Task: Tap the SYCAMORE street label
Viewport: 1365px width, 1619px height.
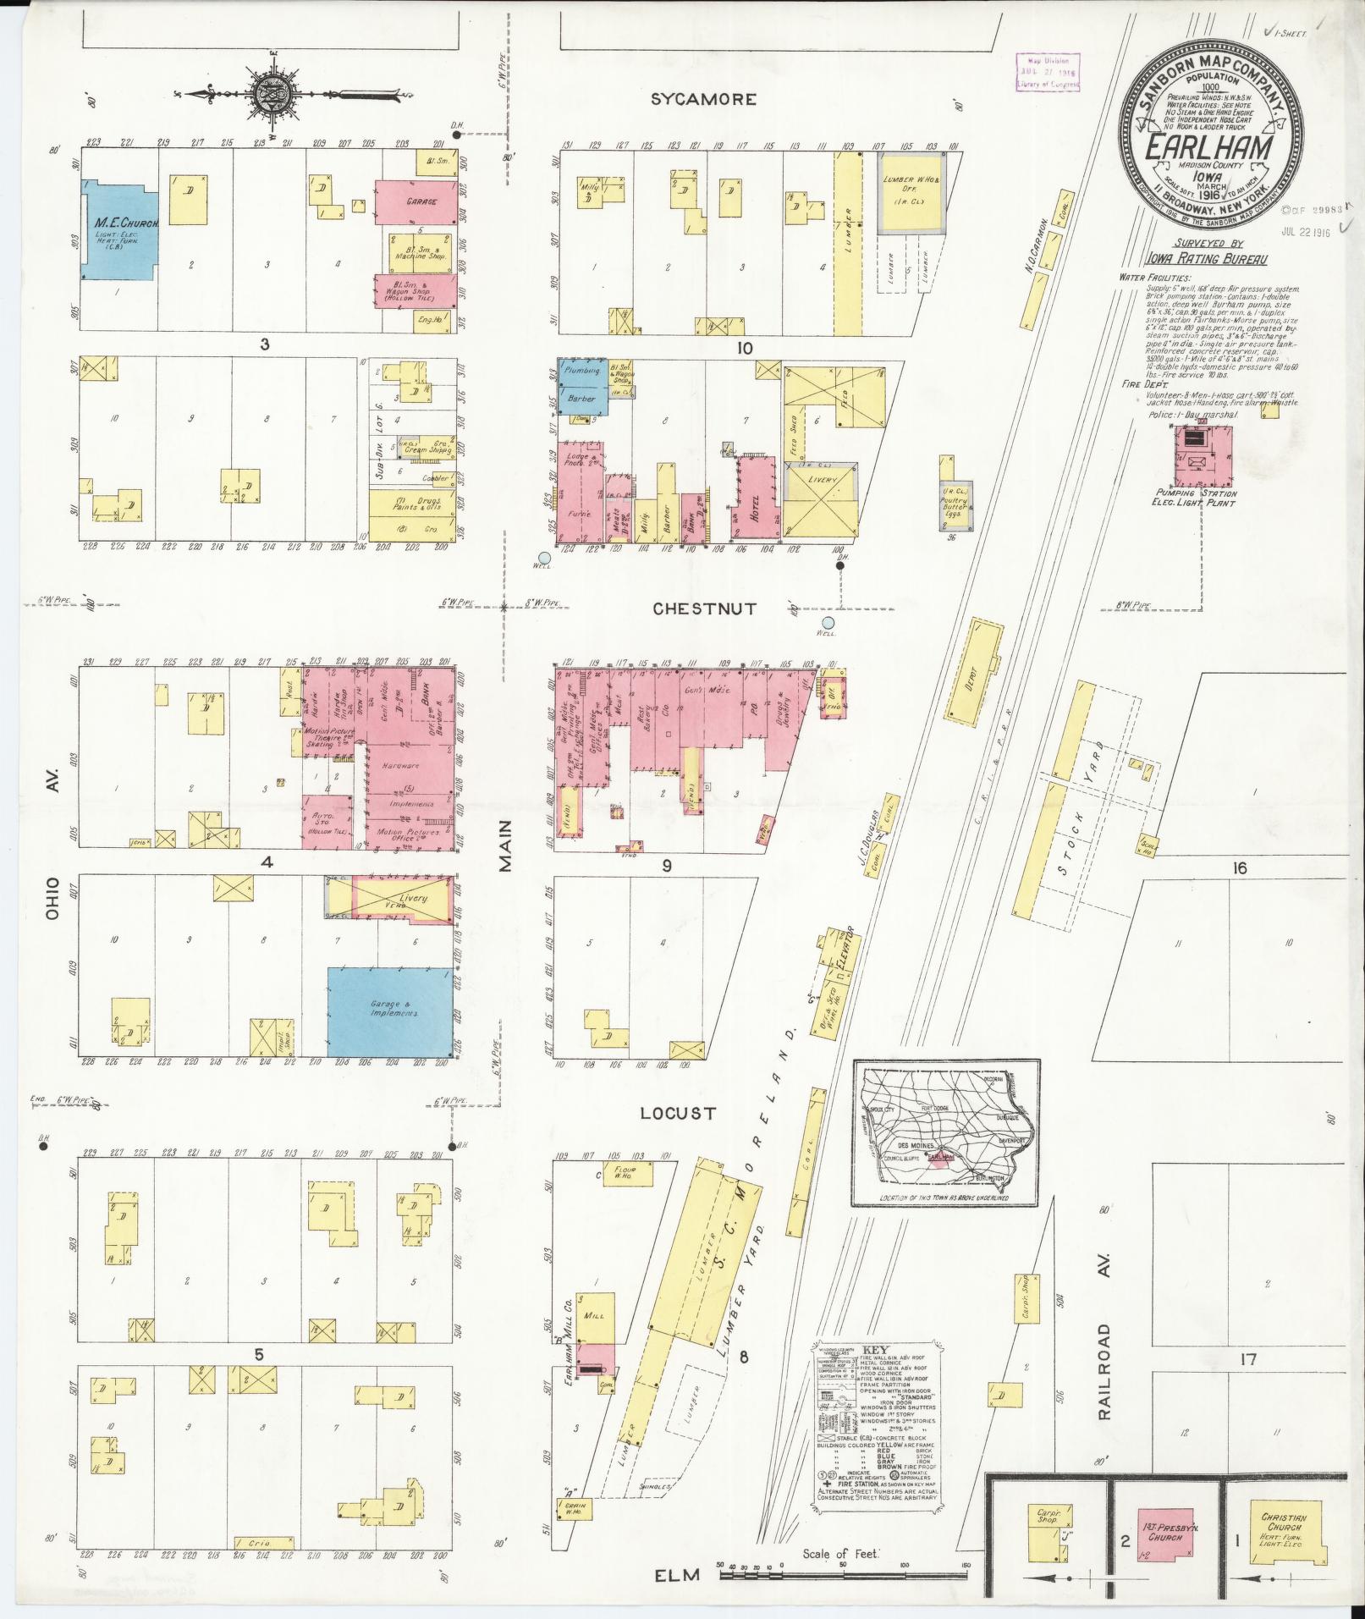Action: [x=703, y=100]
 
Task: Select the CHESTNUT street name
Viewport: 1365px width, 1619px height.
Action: [x=705, y=609]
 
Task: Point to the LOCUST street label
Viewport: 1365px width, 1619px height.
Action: [x=678, y=1113]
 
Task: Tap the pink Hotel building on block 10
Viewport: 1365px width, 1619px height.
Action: [x=753, y=498]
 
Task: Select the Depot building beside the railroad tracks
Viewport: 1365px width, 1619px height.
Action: [x=973, y=673]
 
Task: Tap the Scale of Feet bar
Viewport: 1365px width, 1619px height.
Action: [x=842, y=1566]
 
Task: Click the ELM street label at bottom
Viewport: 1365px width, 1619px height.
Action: [x=680, y=1575]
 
